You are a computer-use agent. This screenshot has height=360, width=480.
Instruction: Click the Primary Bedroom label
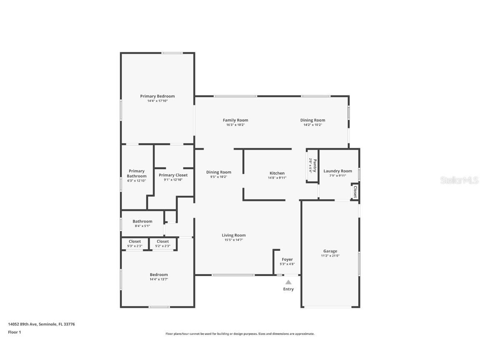157,96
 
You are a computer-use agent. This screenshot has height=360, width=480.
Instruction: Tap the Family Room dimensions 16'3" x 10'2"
235,125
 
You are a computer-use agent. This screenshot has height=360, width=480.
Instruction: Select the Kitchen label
277,173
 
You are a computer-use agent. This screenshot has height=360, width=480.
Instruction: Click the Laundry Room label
337,171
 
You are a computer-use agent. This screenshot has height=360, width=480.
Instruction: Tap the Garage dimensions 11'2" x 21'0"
330,256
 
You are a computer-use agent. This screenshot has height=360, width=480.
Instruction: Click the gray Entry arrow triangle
288,282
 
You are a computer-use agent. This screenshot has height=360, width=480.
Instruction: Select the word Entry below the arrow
288,289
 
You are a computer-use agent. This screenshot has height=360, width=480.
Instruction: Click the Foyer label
287,260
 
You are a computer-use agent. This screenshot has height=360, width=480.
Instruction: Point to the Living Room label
233,235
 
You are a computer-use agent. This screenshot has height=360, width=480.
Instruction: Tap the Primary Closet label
173,175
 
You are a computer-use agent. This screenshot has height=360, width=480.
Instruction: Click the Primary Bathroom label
137,173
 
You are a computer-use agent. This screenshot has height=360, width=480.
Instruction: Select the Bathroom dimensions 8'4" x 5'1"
142,226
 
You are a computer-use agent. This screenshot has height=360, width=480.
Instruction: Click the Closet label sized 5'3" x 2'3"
135,241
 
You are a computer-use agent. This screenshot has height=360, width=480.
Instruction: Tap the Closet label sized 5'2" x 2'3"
162,241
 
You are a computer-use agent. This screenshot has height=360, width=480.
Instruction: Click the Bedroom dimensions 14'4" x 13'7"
159,279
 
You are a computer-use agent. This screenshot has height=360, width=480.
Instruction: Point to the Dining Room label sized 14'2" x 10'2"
312,120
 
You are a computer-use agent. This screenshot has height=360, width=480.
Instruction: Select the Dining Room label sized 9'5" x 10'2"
219,172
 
